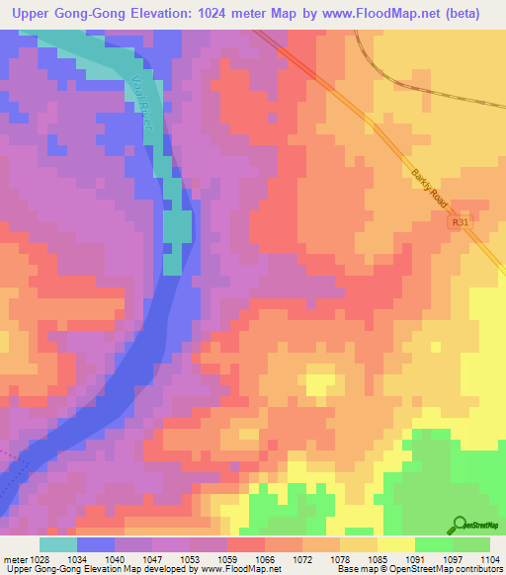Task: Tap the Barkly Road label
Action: (430, 188)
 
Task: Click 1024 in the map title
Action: (242, 14)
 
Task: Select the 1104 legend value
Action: (491, 559)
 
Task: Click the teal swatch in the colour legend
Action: (58, 544)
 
